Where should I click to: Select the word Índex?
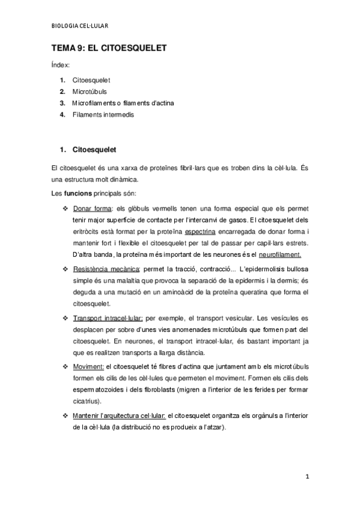[x=61, y=64]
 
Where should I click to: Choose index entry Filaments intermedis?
[x=103, y=114]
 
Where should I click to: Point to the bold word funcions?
[x=78, y=193]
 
